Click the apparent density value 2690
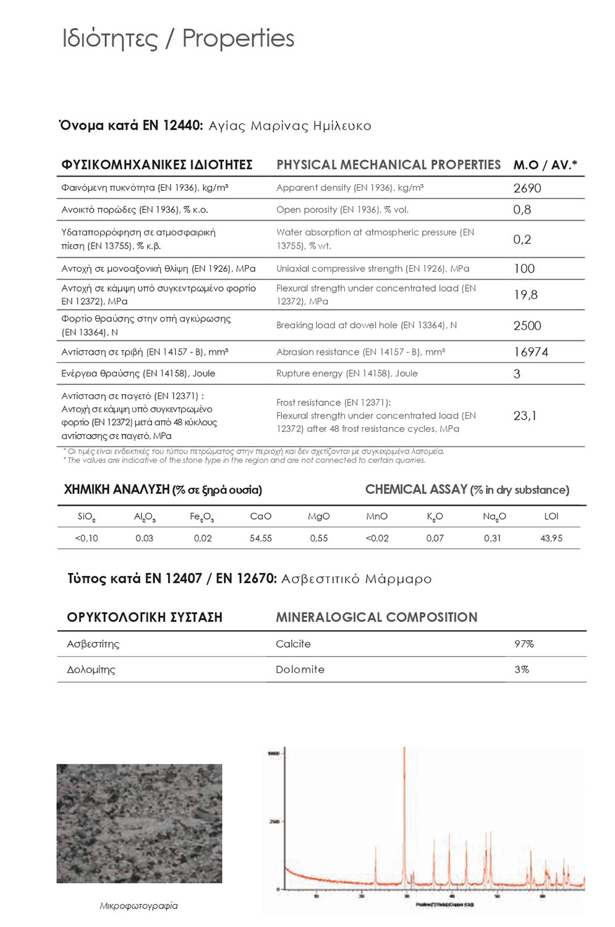[527, 188]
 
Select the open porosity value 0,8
[522, 210]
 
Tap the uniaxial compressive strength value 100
[524, 268]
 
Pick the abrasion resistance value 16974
[530, 352]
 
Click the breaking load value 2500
[527, 326]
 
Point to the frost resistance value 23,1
[525, 415]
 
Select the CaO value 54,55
[260, 538]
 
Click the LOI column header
[551, 516]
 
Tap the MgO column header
[318, 516]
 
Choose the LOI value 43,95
[551, 538]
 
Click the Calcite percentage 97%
[524, 644]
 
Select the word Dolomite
[300, 669]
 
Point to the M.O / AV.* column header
[545, 165]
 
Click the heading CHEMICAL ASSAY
[416, 489]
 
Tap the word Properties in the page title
[238, 38]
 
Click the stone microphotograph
[139, 823]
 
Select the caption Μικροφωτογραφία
[138, 906]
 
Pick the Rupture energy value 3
[517, 374]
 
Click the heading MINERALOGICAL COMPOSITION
[376, 617]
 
